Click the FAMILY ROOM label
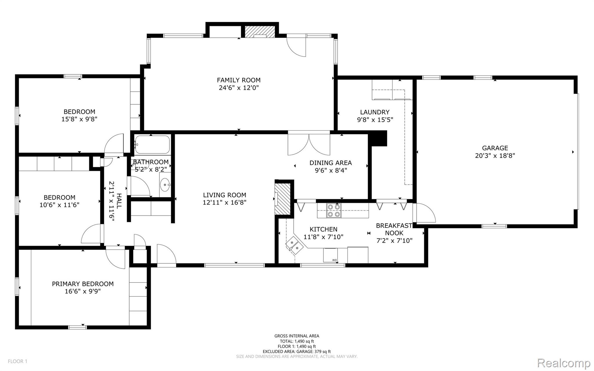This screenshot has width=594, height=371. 238,80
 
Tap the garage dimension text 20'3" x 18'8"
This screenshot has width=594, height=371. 495,155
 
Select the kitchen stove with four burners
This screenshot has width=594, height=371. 334,211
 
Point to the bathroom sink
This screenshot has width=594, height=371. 165,184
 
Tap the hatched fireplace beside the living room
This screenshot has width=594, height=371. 282,198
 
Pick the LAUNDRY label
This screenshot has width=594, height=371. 374,112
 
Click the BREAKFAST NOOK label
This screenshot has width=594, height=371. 394,229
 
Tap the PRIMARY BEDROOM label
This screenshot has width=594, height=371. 83,284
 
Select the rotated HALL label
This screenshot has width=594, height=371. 119,201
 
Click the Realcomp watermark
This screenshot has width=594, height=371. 564,363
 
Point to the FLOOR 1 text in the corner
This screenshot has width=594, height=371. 17,361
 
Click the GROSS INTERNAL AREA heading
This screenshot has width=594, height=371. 296,336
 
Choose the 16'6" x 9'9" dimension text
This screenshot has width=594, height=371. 83,291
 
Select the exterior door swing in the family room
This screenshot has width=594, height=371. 297,46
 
